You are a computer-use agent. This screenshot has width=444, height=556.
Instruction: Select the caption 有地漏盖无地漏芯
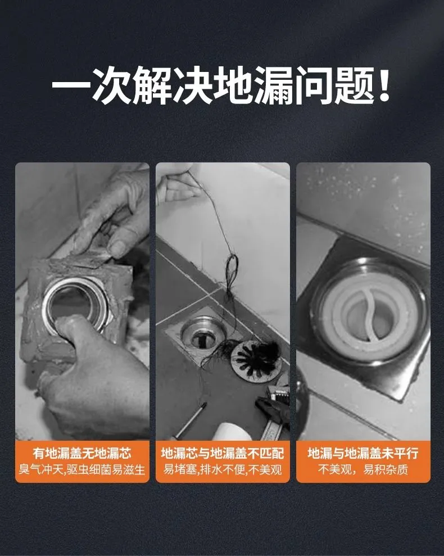pyautogui.click(x=82, y=453)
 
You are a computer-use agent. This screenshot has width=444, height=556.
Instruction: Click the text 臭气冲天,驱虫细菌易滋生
pyautogui.click(x=82, y=469)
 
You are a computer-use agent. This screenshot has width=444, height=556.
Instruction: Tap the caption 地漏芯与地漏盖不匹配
pyautogui.click(x=223, y=453)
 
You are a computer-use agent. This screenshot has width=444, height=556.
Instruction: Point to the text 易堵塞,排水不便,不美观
pyautogui.click(x=223, y=469)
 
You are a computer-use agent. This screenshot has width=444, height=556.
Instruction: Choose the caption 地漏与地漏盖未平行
pyautogui.click(x=363, y=453)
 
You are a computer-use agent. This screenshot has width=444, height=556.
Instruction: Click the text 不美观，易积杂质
pyautogui.click(x=363, y=469)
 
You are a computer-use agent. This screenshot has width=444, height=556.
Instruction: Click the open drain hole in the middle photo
pyautogui.click(x=201, y=337)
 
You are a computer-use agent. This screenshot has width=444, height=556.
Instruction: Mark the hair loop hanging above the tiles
pyautogui.click(x=232, y=269)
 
